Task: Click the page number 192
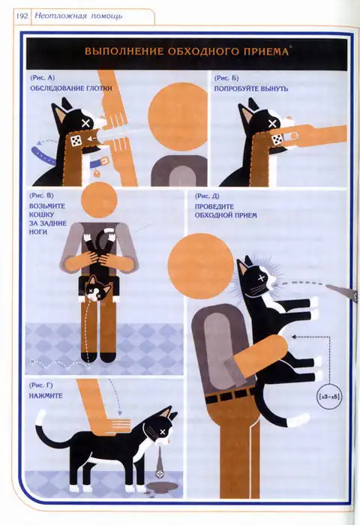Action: (x=22, y=16)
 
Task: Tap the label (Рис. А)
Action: (x=43, y=78)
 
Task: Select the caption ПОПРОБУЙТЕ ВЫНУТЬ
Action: (x=250, y=88)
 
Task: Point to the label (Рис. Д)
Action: (x=207, y=196)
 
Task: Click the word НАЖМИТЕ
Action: (x=46, y=395)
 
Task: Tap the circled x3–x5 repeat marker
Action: (x=329, y=397)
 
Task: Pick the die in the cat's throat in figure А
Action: (x=76, y=140)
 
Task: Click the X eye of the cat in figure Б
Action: (x=272, y=123)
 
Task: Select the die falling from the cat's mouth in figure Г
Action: (x=160, y=473)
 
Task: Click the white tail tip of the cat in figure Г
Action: (x=40, y=418)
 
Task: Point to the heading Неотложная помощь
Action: (x=79, y=16)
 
